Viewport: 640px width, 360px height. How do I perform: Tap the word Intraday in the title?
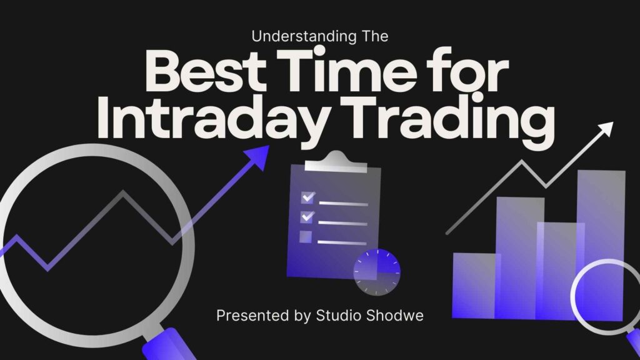point(212,118)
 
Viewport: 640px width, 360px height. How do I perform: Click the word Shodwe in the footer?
point(394,316)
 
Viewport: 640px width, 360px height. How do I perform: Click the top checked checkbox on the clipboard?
point(307,197)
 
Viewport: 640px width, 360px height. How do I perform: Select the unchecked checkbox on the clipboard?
point(305,237)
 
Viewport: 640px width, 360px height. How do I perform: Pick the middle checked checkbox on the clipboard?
point(307,217)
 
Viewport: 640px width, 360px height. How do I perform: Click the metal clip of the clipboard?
point(336,162)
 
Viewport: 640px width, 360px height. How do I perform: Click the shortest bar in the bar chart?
point(476,286)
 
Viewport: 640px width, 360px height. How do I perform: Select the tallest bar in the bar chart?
point(601,245)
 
